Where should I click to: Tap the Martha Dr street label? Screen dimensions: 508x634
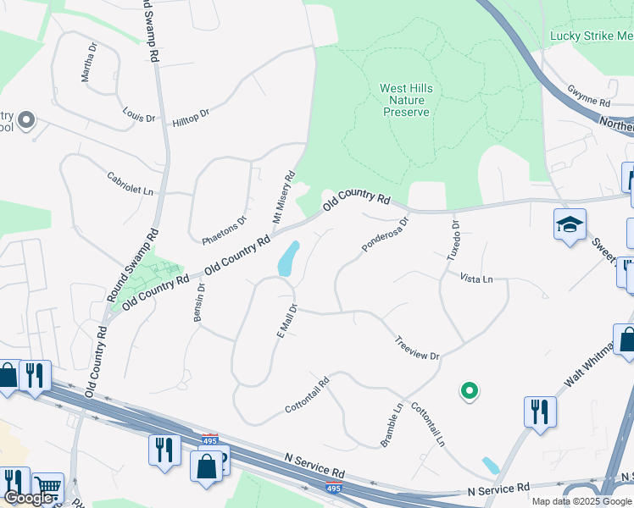point(88,63)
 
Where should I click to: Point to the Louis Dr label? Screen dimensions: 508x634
point(138,113)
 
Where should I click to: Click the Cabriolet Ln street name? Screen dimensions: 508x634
point(130,185)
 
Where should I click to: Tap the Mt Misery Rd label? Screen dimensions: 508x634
point(282,197)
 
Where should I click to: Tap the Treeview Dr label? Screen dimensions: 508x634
point(417,349)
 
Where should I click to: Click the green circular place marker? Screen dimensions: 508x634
point(468,390)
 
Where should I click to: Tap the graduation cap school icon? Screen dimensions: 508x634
point(570,225)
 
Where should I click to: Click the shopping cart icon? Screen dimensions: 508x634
point(48,487)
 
